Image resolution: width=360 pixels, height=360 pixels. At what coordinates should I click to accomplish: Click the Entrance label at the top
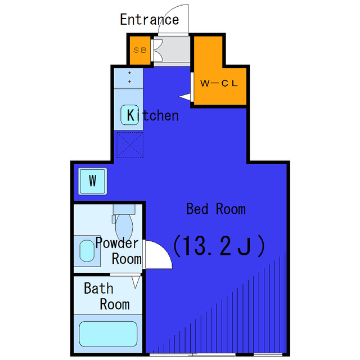[150, 20]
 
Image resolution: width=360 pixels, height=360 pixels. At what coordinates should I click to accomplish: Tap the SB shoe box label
[140, 50]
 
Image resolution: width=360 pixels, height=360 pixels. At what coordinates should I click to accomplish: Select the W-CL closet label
[219, 83]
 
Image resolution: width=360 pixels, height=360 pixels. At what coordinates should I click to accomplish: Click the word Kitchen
[152, 115]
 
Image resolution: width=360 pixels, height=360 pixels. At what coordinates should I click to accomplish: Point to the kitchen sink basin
[130, 115]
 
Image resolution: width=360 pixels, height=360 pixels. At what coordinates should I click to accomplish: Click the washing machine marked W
[92, 181]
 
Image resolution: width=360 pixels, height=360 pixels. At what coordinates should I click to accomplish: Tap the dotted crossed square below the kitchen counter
[130, 145]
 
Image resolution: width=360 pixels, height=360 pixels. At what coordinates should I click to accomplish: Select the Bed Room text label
[216, 209]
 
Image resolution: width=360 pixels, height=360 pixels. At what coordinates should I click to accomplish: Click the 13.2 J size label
[219, 246]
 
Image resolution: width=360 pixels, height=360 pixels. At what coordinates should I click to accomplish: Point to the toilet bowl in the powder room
[124, 227]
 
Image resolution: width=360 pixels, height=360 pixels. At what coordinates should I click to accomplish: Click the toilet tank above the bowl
[124, 209]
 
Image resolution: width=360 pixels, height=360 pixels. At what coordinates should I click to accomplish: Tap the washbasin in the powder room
[87, 251]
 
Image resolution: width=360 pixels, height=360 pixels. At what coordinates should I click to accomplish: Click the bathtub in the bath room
[108, 334]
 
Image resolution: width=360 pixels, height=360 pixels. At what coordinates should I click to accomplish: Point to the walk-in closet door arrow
[185, 97]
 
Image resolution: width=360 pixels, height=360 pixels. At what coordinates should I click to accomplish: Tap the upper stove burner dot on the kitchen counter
[129, 73]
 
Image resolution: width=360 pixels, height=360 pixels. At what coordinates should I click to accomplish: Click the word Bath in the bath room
[98, 288]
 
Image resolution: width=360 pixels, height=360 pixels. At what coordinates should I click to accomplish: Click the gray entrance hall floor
[172, 49]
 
